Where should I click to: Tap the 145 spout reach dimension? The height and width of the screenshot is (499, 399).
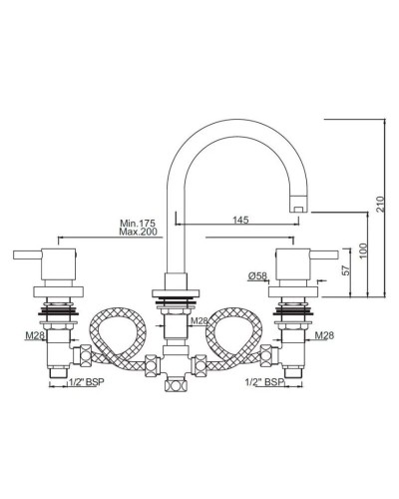(240, 220)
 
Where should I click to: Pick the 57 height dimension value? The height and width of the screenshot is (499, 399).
(345, 269)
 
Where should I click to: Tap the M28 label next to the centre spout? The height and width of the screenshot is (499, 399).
(199, 321)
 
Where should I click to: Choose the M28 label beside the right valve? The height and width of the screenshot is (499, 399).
(322, 335)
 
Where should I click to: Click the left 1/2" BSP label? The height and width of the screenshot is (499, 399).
(86, 381)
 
